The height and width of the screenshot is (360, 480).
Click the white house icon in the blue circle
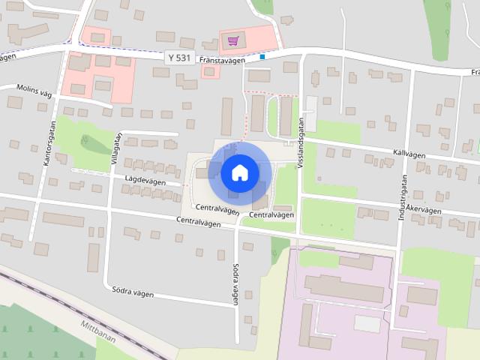tap(240, 172)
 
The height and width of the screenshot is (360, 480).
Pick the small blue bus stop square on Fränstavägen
tap(262, 55)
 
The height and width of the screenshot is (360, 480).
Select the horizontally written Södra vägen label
tap(132, 293)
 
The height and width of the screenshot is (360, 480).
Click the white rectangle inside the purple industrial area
tap(367, 323)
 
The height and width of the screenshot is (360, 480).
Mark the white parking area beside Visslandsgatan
tap(310, 112)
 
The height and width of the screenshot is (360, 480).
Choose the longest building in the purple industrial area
tap(345, 288)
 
